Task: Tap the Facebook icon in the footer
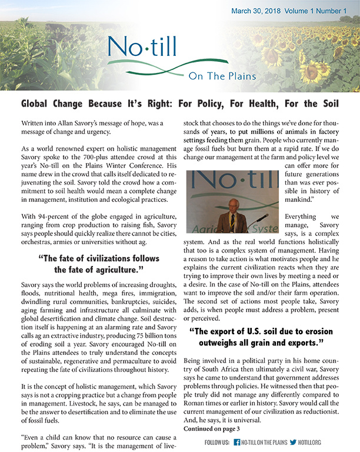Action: coord(236,442)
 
